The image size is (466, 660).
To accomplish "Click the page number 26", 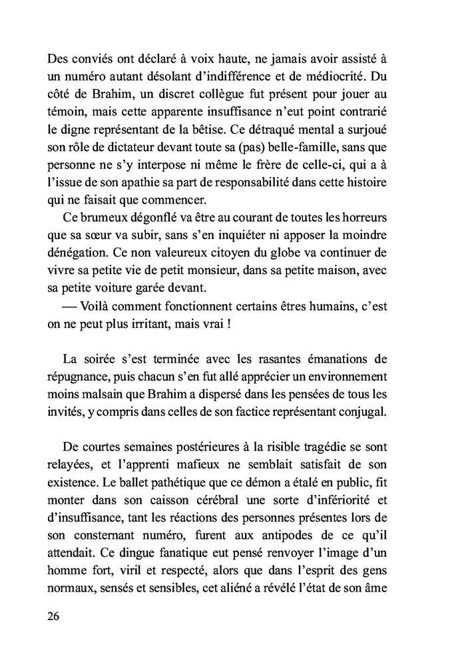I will [54, 615].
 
